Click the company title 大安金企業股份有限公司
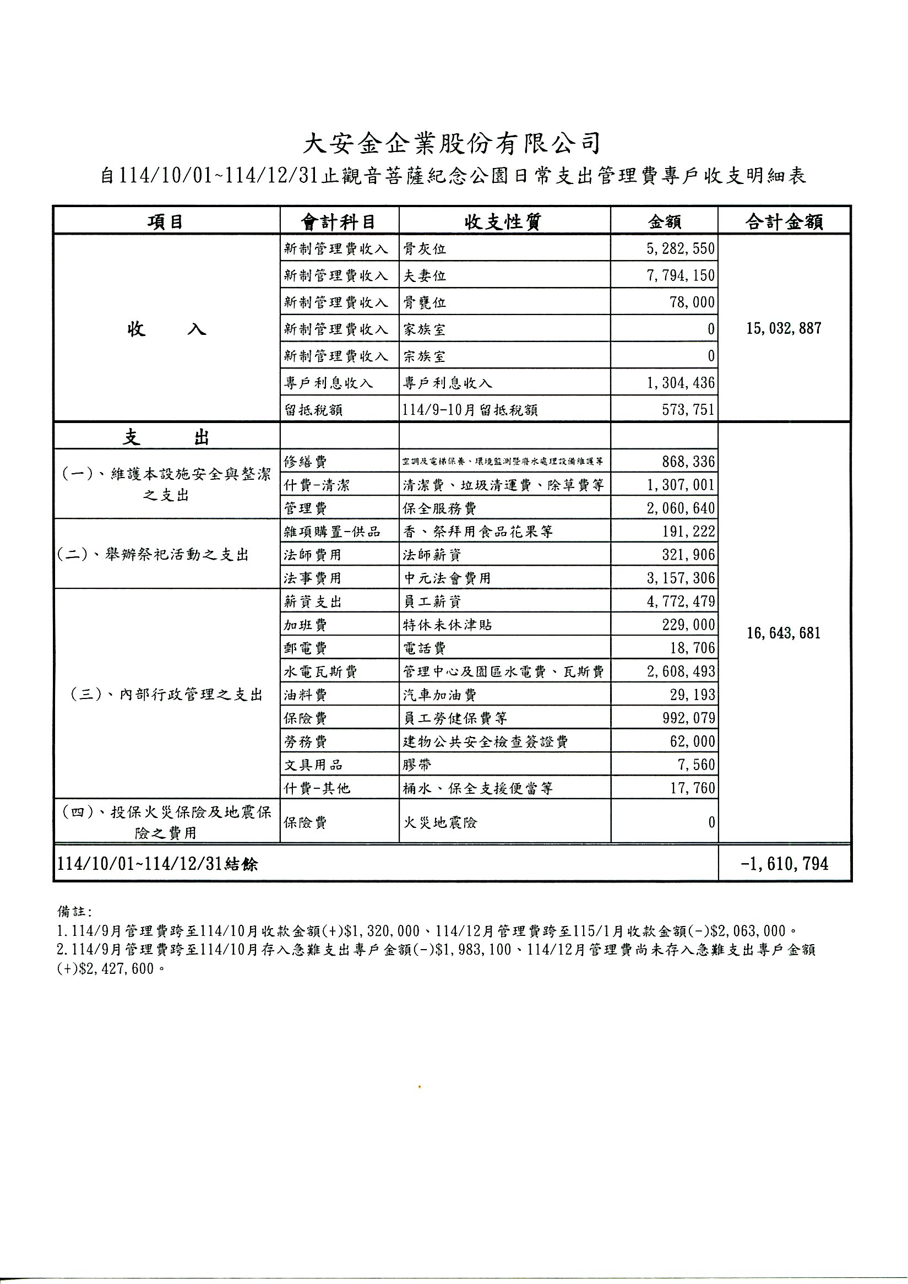point(452,144)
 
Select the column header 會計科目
point(338,222)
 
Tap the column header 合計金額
point(784,222)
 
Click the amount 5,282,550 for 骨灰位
point(681,248)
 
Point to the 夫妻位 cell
point(425,276)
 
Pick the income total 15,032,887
point(784,328)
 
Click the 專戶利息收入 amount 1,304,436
point(681,383)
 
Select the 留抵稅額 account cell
point(313,410)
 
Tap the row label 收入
point(166,329)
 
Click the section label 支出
point(166,437)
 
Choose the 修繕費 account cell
point(305,462)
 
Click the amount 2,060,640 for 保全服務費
point(681,508)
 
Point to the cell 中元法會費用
point(447,578)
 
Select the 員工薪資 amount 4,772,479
point(681,602)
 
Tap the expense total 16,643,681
point(784,633)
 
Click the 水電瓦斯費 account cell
point(320,671)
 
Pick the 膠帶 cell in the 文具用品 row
point(417,765)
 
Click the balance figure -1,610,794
point(784,864)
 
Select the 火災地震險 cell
point(440,822)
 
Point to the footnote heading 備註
point(70,912)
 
